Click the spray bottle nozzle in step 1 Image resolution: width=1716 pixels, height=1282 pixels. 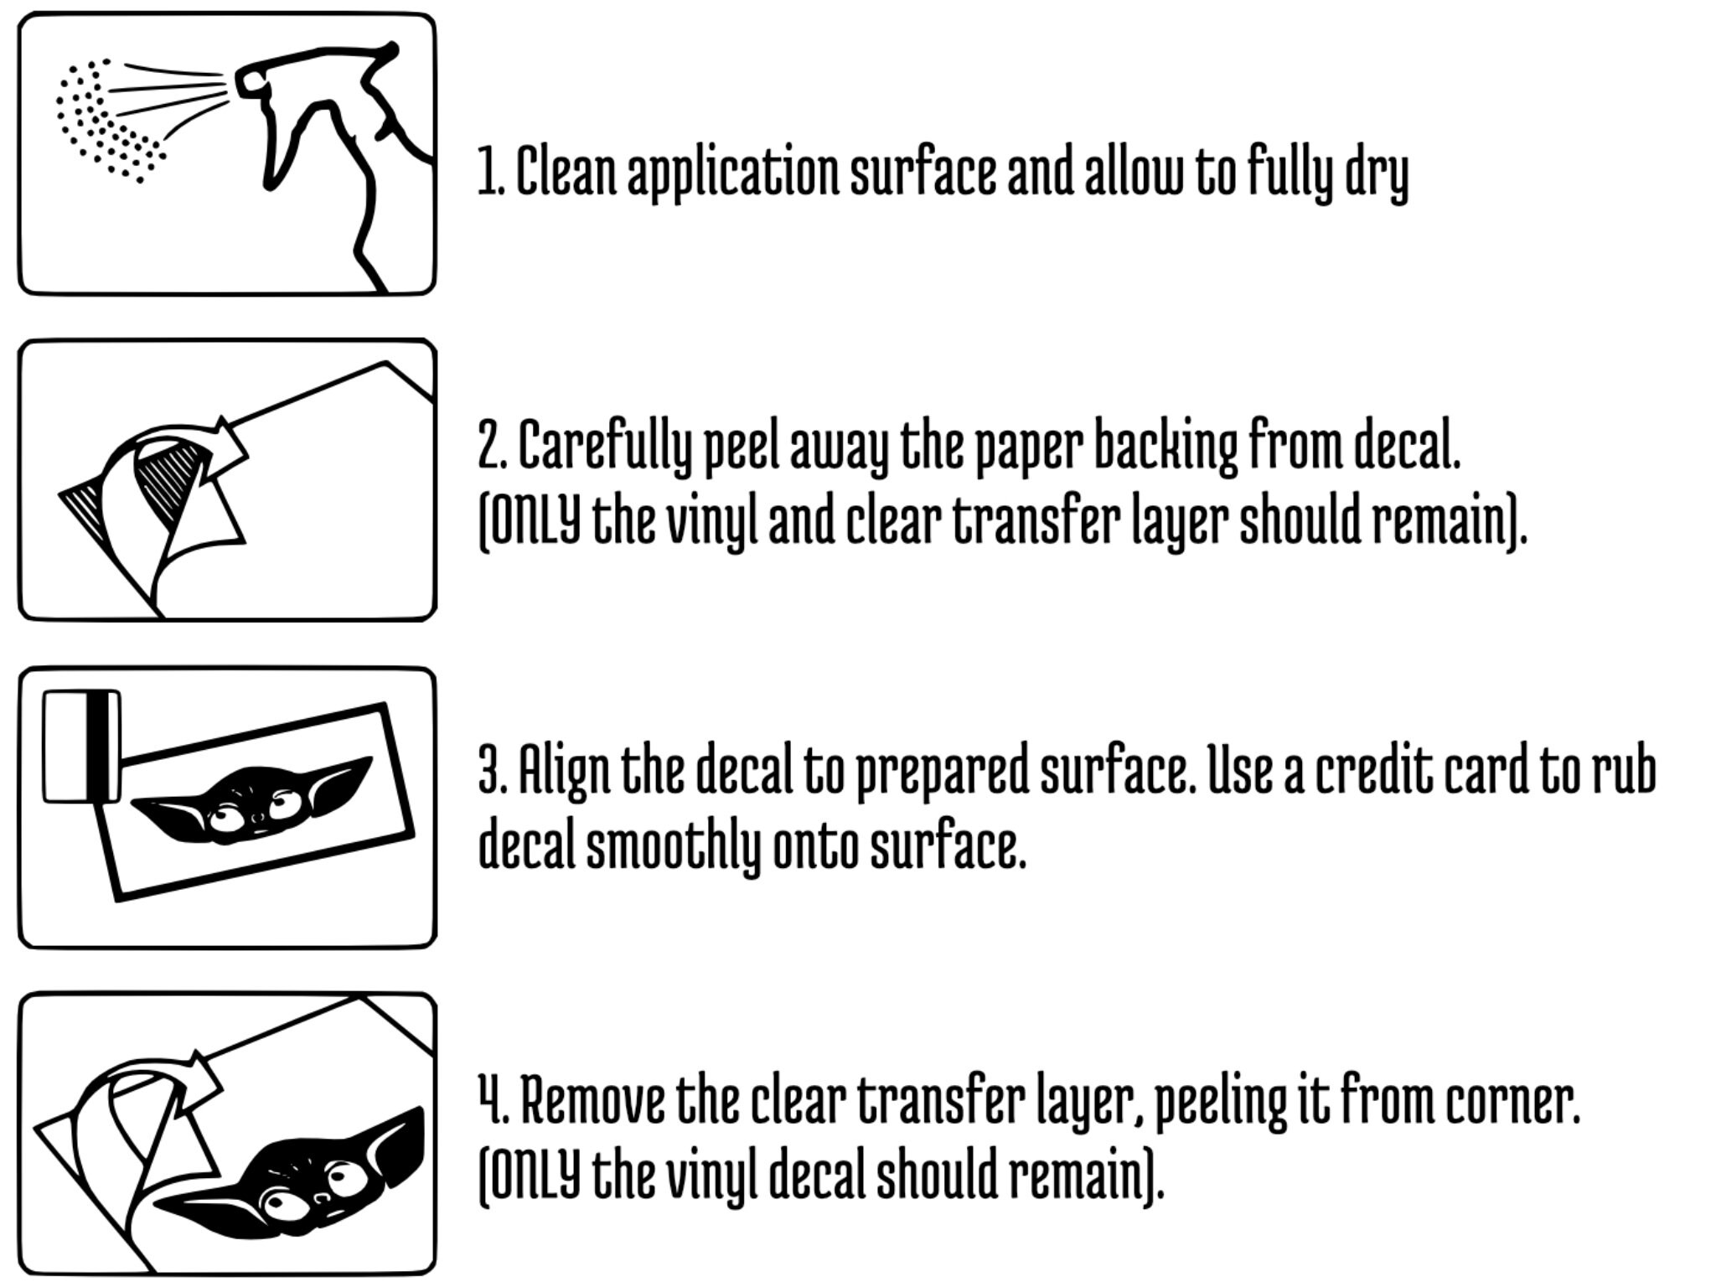point(251,82)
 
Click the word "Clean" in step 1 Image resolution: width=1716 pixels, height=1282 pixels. point(566,171)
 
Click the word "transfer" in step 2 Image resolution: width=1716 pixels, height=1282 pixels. point(1036,520)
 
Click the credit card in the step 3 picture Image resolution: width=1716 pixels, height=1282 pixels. point(81,746)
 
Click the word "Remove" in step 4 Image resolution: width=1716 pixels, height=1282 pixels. point(592,1100)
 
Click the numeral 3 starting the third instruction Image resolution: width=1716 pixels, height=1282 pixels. point(488,768)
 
